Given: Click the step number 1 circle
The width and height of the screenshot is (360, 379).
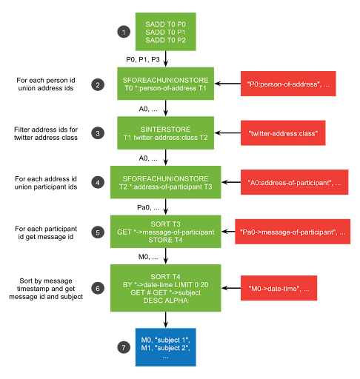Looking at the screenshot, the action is tap(124, 32).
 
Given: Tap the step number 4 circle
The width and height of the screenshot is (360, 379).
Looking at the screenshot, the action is tap(98, 182).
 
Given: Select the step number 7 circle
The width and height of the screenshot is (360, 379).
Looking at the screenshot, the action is tap(124, 347).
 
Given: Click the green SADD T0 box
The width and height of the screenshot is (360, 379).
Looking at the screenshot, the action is tap(165, 32).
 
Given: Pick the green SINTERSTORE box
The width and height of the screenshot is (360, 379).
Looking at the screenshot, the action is tap(165, 133).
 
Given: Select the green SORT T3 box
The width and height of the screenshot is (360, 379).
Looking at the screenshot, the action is tap(165, 232).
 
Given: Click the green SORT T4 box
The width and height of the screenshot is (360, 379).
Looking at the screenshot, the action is tap(165, 288).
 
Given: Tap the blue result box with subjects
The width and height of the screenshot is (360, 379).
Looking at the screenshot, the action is tap(165, 347).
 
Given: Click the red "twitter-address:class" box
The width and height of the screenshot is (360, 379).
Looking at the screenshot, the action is tap(283, 133).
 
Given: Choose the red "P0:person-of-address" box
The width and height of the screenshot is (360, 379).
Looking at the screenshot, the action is tap(288, 84).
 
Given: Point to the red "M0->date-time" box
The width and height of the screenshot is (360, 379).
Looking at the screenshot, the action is tap(279, 288).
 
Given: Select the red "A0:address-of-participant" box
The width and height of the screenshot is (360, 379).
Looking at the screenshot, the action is tap(294, 182).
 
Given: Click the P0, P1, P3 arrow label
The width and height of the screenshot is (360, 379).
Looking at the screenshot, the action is tap(143, 60).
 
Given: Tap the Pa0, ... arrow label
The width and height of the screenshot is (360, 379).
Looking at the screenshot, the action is tap(148, 207).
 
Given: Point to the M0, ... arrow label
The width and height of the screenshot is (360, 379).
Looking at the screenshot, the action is tap(148, 257).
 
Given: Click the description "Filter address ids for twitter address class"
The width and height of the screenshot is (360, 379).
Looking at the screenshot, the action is tap(46, 133).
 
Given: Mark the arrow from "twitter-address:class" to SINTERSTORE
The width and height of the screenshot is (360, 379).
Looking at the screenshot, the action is tap(227, 133).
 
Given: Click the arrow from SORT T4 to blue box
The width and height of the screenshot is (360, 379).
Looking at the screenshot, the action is tap(166, 320).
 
